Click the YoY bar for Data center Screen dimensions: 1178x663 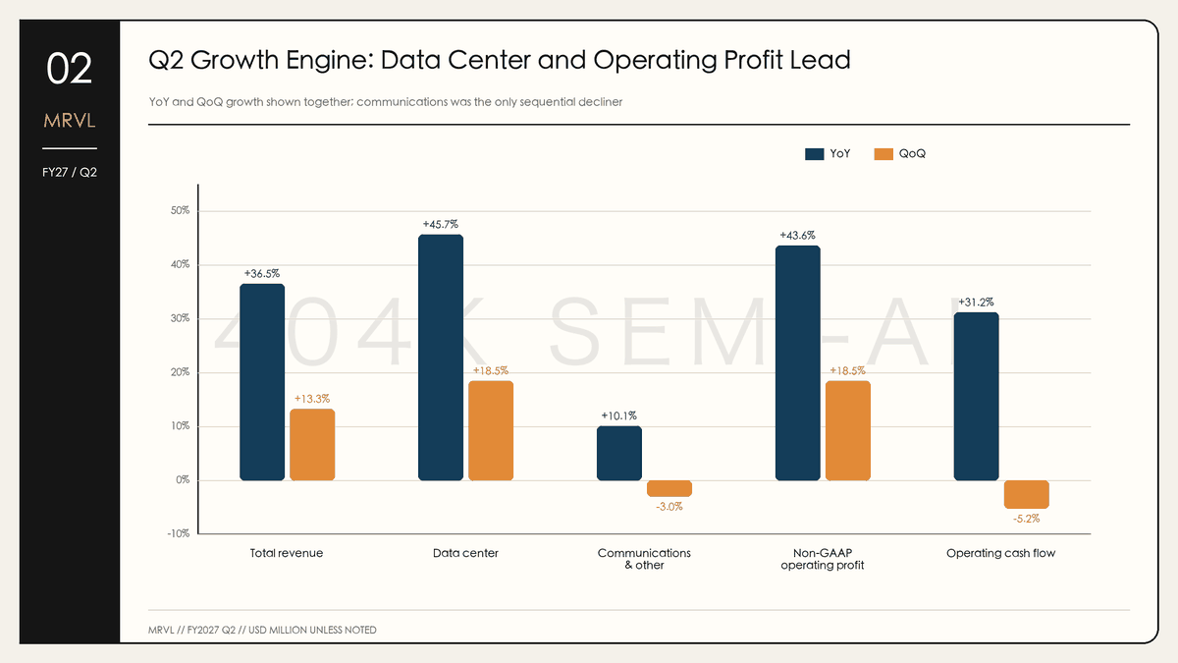(441, 358)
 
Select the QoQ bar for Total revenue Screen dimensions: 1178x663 (312, 445)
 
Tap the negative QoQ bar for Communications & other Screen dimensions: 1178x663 (669, 488)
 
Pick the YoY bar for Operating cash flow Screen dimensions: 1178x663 (976, 396)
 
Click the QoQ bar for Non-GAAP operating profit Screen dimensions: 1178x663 (848, 430)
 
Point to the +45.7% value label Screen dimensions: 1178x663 (441, 225)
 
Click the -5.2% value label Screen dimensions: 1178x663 (1027, 519)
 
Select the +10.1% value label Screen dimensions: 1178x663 (619, 416)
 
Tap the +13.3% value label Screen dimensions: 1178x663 (312, 399)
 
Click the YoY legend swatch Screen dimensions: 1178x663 (814, 154)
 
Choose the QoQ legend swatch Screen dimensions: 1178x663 (883, 154)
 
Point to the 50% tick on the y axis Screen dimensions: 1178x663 (180, 211)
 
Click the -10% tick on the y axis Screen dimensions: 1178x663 (179, 534)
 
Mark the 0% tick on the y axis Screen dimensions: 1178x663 (183, 480)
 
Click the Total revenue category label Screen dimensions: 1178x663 (286, 553)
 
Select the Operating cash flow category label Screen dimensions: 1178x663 (1000, 553)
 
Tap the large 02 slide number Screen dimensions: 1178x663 (70, 69)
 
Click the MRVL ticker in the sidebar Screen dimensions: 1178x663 (70, 121)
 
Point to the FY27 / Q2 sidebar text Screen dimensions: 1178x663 (70, 173)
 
